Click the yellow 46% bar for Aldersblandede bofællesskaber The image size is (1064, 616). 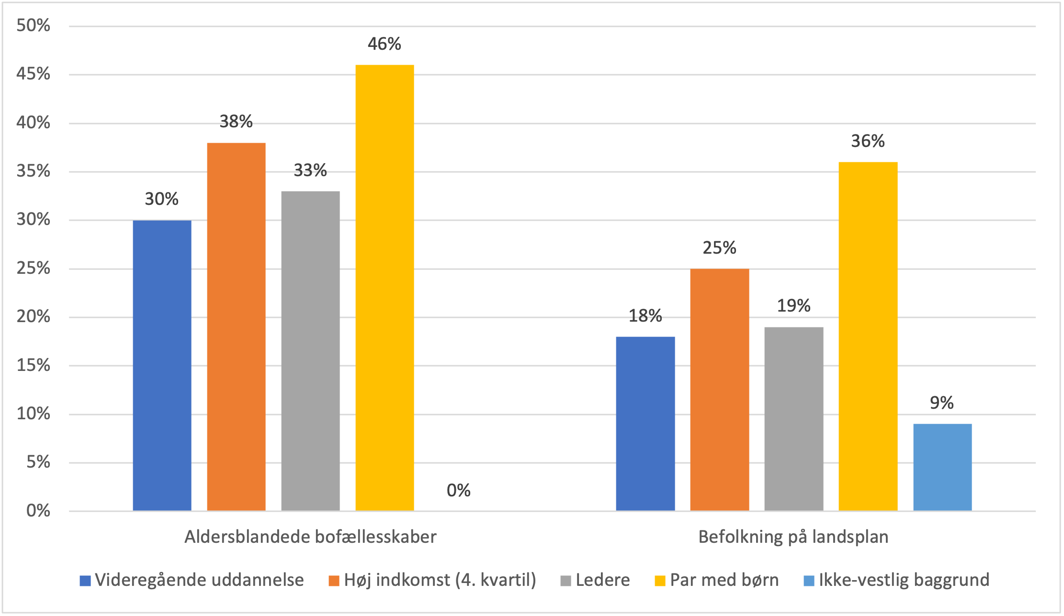pos(385,287)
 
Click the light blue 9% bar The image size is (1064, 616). pos(942,467)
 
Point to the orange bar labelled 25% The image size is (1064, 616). pos(719,390)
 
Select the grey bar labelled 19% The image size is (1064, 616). pos(793,419)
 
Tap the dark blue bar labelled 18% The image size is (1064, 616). pos(645,424)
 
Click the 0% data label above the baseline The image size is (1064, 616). pos(458,491)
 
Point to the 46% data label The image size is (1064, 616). pos(384,44)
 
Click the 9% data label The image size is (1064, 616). pos(941,403)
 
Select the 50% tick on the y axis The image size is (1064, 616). pos(33,25)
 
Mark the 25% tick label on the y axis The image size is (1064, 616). pos(33,268)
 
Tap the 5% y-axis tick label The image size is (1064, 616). pos(38,462)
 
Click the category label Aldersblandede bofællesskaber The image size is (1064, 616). pos(310,537)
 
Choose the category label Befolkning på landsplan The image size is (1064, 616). pos(793,537)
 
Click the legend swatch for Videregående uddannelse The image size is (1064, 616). pos(85,581)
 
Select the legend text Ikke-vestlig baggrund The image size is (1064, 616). pos(904,580)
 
